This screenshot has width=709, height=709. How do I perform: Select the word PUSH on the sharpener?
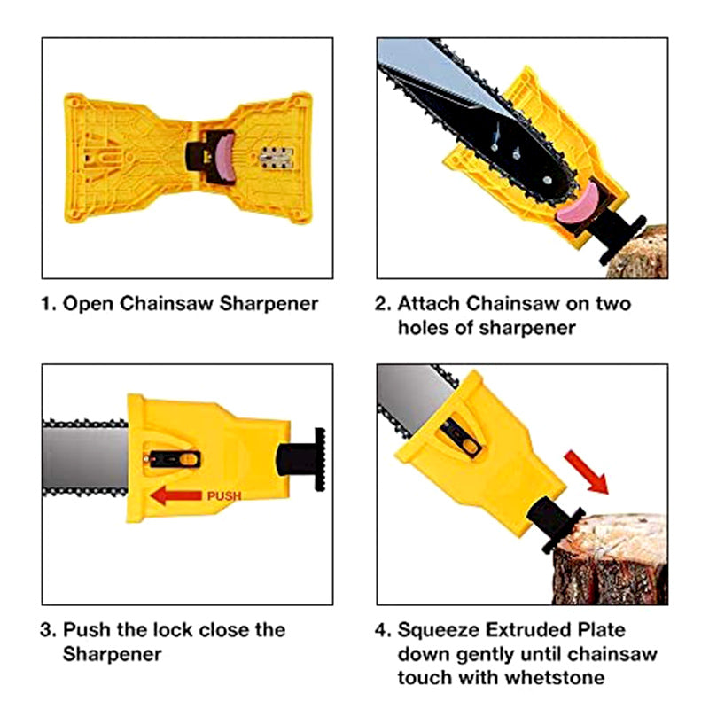point(224,496)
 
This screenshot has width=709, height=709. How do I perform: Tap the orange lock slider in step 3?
point(188,459)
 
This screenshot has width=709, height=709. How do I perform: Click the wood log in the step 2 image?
point(644,252)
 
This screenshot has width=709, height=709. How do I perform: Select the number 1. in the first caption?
point(48,304)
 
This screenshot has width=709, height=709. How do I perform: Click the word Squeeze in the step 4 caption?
point(440,630)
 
